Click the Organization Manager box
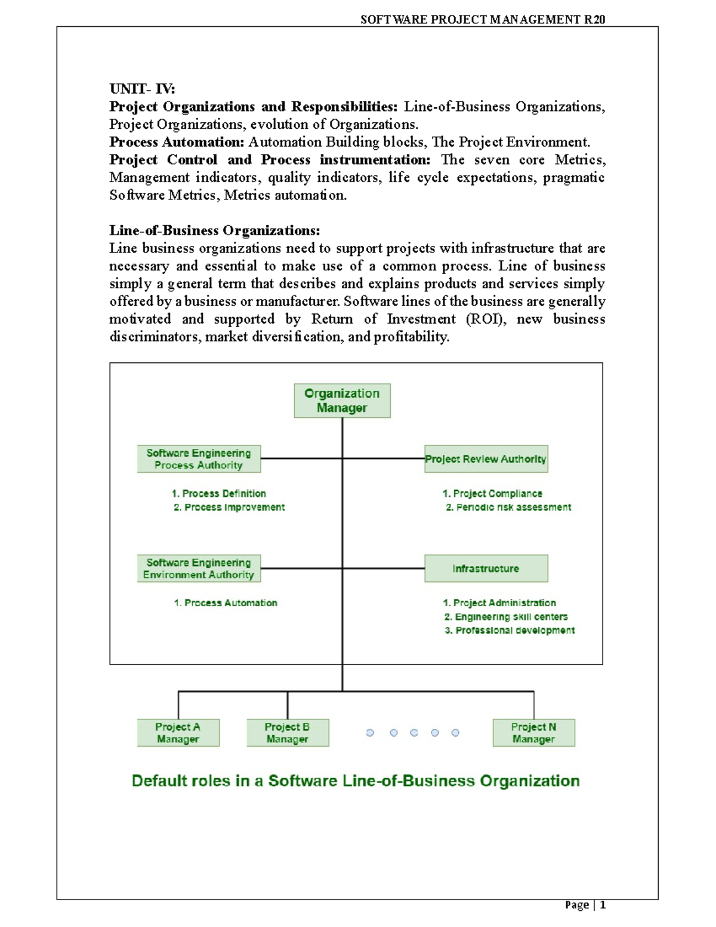click(342, 401)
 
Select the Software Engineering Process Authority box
click(199, 459)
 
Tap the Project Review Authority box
click(486, 459)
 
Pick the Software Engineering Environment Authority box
click(199, 568)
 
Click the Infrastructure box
click(486, 568)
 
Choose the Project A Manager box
click(178, 732)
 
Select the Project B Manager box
click(288, 732)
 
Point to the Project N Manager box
click(533, 732)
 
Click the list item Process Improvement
click(229, 507)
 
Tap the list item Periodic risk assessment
click(508, 507)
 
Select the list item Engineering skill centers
click(506, 617)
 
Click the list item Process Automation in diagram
click(226, 603)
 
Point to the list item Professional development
click(510, 630)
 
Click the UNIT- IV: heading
click(143, 89)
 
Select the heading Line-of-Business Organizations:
click(215, 230)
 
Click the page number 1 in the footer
click(603, 905)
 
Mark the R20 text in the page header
click(594, 20)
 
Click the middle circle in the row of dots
click(414, 732)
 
